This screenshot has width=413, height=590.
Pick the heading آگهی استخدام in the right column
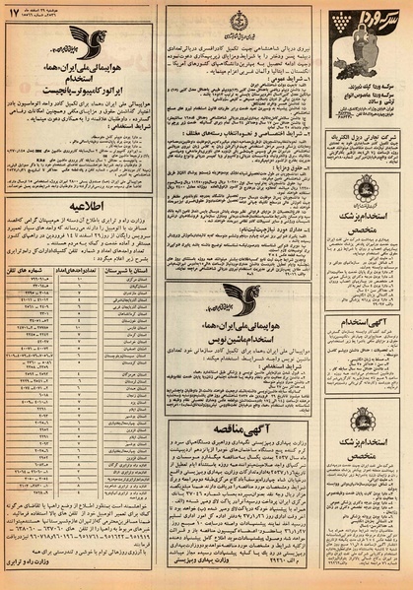point(371,320)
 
